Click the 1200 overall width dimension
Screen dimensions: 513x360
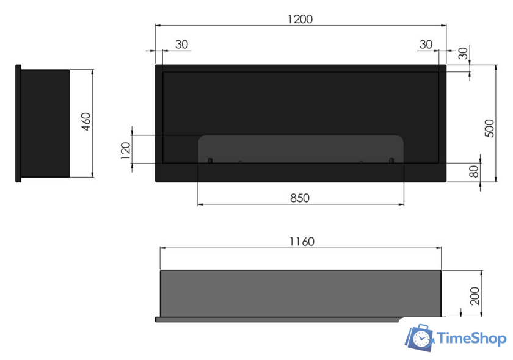[x=300, y=19]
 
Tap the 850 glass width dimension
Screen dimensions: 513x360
[x=300, y=198]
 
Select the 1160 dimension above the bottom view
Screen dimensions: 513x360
[x=302, y=242]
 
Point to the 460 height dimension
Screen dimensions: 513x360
[x=86, y=121]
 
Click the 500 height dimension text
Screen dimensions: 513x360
[x=489, y=128]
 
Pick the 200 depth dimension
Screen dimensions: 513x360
[x=475, y=297]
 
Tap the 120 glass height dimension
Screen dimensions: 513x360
[x=126, y=151]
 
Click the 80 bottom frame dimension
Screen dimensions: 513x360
[x=473, y=171]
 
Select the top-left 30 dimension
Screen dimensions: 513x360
[x=181, y=44]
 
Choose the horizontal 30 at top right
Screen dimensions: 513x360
[x=426, y=44]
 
